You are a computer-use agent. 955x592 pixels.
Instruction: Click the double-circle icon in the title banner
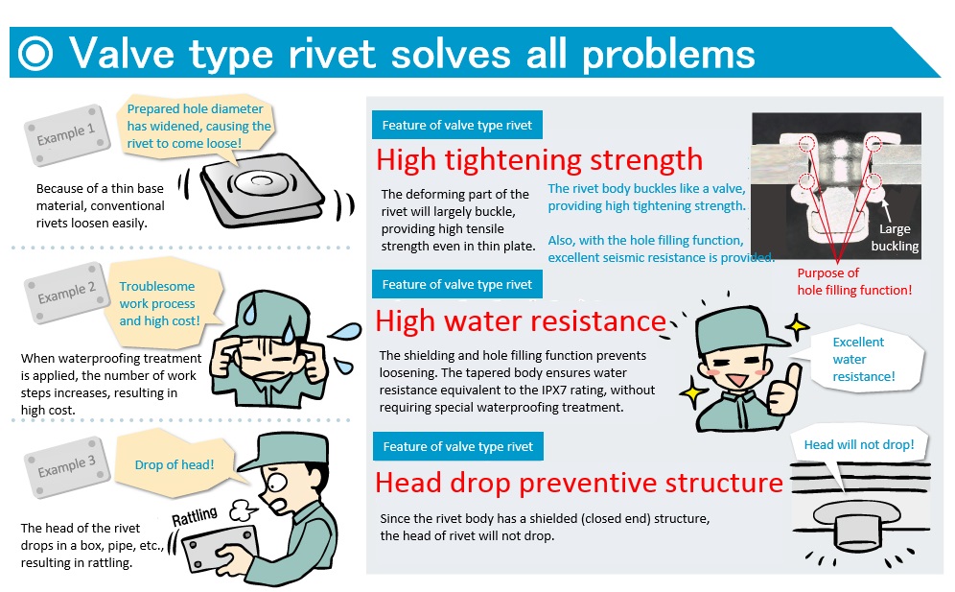click(x=35, y=54)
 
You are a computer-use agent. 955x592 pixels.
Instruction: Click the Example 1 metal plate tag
click(x=67, y=134)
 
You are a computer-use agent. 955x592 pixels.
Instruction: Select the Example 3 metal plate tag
click(x=67, y=467)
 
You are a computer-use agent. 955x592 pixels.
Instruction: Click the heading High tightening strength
click(x=539, y=159)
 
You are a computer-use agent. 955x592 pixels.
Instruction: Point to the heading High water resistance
click(x=521, y=320)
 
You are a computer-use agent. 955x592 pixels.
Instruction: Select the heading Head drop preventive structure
click(x=578, y=483)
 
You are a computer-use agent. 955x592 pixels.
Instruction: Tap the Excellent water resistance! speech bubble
click(x=864, y=359)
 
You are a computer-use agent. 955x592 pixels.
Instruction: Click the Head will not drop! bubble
click(x=859, y=444)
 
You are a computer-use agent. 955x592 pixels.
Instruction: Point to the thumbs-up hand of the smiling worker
click(x=784, y=391)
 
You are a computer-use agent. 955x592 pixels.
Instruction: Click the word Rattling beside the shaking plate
click(x=195, y=517)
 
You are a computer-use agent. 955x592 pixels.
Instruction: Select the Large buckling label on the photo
click(x=895, y=237)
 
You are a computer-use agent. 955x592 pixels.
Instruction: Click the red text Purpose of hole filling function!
click(x=854, y=281)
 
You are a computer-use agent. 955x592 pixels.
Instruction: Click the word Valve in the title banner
click(x=122, y=54)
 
